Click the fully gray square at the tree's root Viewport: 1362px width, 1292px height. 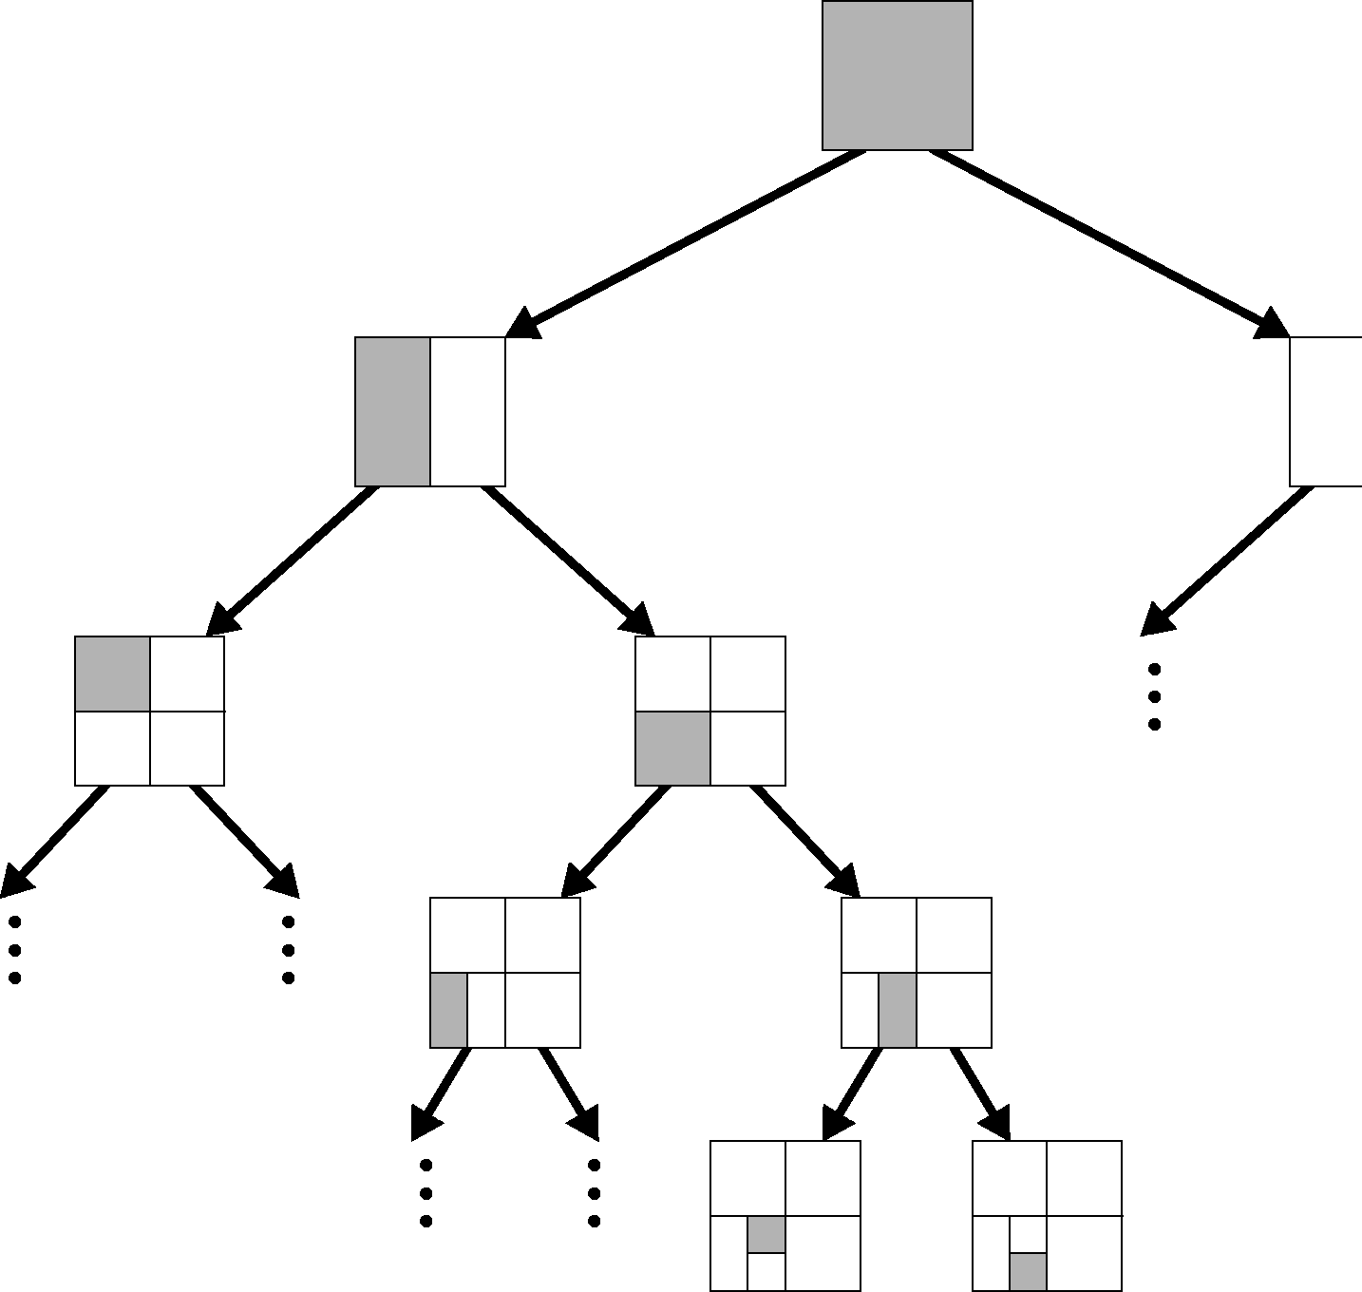(897, 75)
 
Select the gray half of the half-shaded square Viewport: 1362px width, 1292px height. (392, 411)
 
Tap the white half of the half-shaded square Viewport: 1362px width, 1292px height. (467, 411)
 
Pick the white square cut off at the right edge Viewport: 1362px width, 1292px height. (1326, 411)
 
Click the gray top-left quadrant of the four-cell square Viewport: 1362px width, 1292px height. (112, 674)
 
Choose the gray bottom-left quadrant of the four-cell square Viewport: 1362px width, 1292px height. (672, 749)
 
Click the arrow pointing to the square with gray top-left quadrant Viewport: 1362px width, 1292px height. (291, 560)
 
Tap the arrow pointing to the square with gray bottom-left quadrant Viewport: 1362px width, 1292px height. (569, 560)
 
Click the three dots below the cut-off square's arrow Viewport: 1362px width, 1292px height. (1154, 697)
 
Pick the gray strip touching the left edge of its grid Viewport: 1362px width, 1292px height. (449, 1010)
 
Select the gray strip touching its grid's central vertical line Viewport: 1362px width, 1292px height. (898, 1010)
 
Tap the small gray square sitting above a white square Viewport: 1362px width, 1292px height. (766, 1234)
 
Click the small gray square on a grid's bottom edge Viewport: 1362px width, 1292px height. (1028, 1272)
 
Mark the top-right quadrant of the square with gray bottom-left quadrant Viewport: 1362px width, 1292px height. (747, 674)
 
